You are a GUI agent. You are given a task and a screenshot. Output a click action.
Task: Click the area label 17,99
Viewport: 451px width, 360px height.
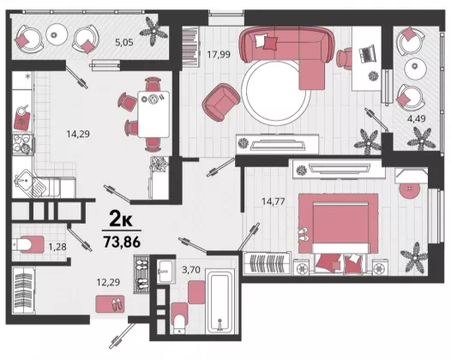(x=219, y=54)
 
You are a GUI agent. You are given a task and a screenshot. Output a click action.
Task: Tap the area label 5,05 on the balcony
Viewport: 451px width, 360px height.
(x=124, y=43)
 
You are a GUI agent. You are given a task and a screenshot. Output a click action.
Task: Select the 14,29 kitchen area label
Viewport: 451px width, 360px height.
(x=78, y=134)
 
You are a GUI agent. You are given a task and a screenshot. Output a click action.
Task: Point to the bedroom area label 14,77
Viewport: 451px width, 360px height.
(x=274, y=201)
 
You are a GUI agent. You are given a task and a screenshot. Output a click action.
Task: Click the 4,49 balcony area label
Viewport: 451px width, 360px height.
(x=416, y=118)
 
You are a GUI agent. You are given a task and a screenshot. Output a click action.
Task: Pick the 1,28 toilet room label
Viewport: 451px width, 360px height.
(x=57, y=247)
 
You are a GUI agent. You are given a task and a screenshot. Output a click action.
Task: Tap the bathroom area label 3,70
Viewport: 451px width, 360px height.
(x=191, y=270)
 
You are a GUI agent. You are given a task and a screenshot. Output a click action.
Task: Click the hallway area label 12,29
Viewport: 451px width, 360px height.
(x=108, y=282)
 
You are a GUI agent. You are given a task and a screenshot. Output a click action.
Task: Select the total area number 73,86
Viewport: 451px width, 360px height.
(x=122, y=242)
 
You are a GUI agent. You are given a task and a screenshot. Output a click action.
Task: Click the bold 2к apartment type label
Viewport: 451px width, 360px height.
(x=121, y=220)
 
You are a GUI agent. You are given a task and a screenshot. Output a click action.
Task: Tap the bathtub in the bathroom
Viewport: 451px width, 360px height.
(x=220, y=302)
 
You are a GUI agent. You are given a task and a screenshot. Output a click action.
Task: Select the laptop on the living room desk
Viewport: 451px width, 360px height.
(x=367, y=53)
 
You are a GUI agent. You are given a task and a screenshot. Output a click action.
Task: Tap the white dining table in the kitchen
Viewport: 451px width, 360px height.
(x=153, y=114)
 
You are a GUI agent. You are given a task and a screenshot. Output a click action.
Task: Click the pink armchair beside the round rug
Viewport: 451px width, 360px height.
(x=221, y=102)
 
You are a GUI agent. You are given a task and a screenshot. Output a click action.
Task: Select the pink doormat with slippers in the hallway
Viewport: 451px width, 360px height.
(x=110, y=304)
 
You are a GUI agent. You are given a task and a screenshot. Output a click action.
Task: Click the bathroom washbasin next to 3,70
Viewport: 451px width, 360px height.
(x=166, y=272)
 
